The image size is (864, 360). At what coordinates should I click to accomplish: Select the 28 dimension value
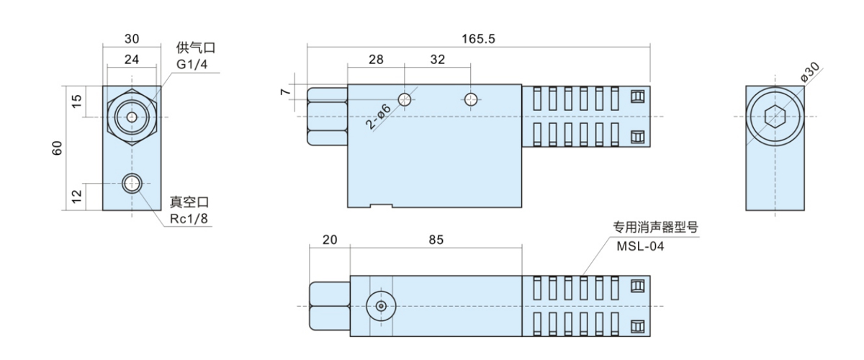tap(376, 60)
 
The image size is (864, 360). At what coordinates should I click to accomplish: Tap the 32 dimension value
tap(438, 60)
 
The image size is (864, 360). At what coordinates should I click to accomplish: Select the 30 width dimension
tap(131, 39)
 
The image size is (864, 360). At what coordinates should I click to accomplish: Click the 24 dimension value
tap(131, 60)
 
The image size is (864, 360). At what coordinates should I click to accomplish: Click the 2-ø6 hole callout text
tap(378, 117)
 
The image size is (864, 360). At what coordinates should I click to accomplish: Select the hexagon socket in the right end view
tap(775, 116)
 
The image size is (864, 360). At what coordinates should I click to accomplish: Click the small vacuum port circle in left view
tap(131, 184)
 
